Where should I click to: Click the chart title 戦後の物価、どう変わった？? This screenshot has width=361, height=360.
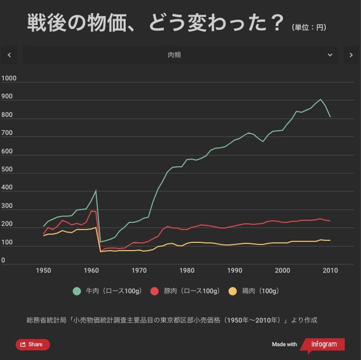155,23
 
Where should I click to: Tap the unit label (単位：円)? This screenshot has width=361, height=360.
309,28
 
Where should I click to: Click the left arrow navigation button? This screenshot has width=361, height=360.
9,55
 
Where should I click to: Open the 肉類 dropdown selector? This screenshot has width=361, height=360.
180,55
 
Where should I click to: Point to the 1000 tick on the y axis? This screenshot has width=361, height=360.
9,78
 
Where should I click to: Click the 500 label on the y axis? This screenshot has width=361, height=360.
7,170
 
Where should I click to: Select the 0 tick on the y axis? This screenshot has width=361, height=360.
3,261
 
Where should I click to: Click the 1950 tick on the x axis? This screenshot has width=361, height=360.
43,271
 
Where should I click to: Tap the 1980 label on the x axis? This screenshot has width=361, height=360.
187,271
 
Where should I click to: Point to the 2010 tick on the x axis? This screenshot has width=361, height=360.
330,271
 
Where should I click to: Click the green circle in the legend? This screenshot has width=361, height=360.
77,291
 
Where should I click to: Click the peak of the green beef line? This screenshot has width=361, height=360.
320,99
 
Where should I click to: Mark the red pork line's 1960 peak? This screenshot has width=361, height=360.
92,211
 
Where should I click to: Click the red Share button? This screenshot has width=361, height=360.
33,345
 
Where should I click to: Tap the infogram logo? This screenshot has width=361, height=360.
323,345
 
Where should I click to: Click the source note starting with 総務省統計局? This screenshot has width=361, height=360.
172,320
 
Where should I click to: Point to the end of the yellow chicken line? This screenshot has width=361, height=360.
330,240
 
